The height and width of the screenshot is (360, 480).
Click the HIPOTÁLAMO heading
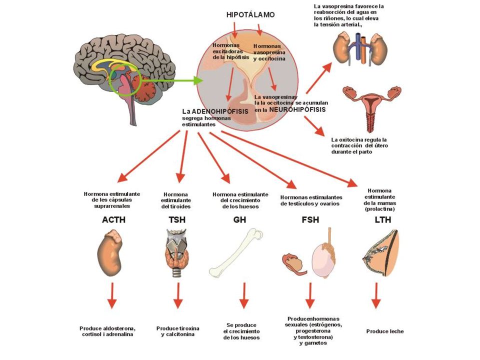click(x=250, y=14)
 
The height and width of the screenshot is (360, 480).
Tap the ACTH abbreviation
click(x=113, y=220)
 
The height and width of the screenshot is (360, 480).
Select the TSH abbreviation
click(x=177, y=220)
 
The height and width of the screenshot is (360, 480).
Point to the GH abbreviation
click(x=239, y=220)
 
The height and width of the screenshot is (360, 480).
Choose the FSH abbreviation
click(x=310, y=220)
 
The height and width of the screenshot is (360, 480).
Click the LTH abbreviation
click(x=383, y=220)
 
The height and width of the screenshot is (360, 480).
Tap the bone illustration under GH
click(x=235, y=252)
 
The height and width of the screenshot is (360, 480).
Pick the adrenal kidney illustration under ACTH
click(x=109, y=254)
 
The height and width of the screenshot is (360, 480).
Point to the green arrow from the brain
click(x=171, y=81)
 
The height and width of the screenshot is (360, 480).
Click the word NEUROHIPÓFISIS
click(x=297, y=109)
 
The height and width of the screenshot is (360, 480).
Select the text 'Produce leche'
click(x=385, y=331)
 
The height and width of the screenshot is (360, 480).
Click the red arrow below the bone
click(x=244, y=295)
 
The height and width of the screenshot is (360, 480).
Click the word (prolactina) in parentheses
click(x=379, y=209)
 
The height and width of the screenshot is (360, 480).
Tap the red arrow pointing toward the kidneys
click(x=318, y=78)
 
